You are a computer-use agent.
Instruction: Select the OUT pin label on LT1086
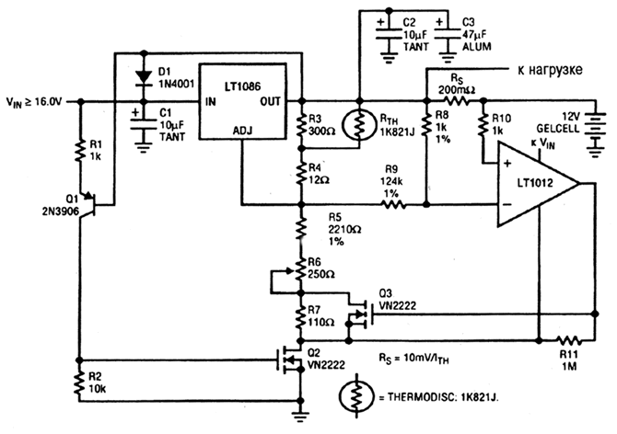[x=273, y=101]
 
